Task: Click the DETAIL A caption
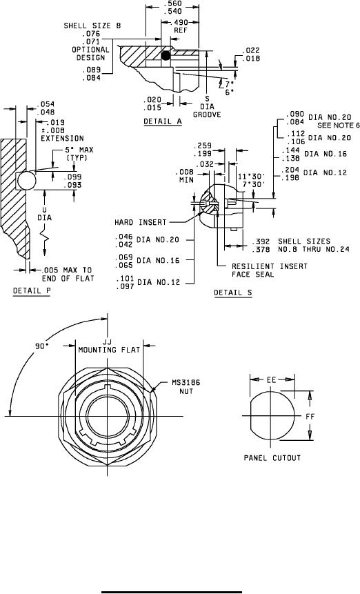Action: [162, 121]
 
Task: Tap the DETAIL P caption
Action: [32, 290]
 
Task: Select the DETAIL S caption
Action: [233, 293]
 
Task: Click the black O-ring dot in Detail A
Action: [166, 56]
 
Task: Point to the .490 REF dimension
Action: [181, 26]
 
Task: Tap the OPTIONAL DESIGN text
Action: [90, 53]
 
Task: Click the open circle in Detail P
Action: [26, 180]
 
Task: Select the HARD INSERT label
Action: [141, 222]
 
